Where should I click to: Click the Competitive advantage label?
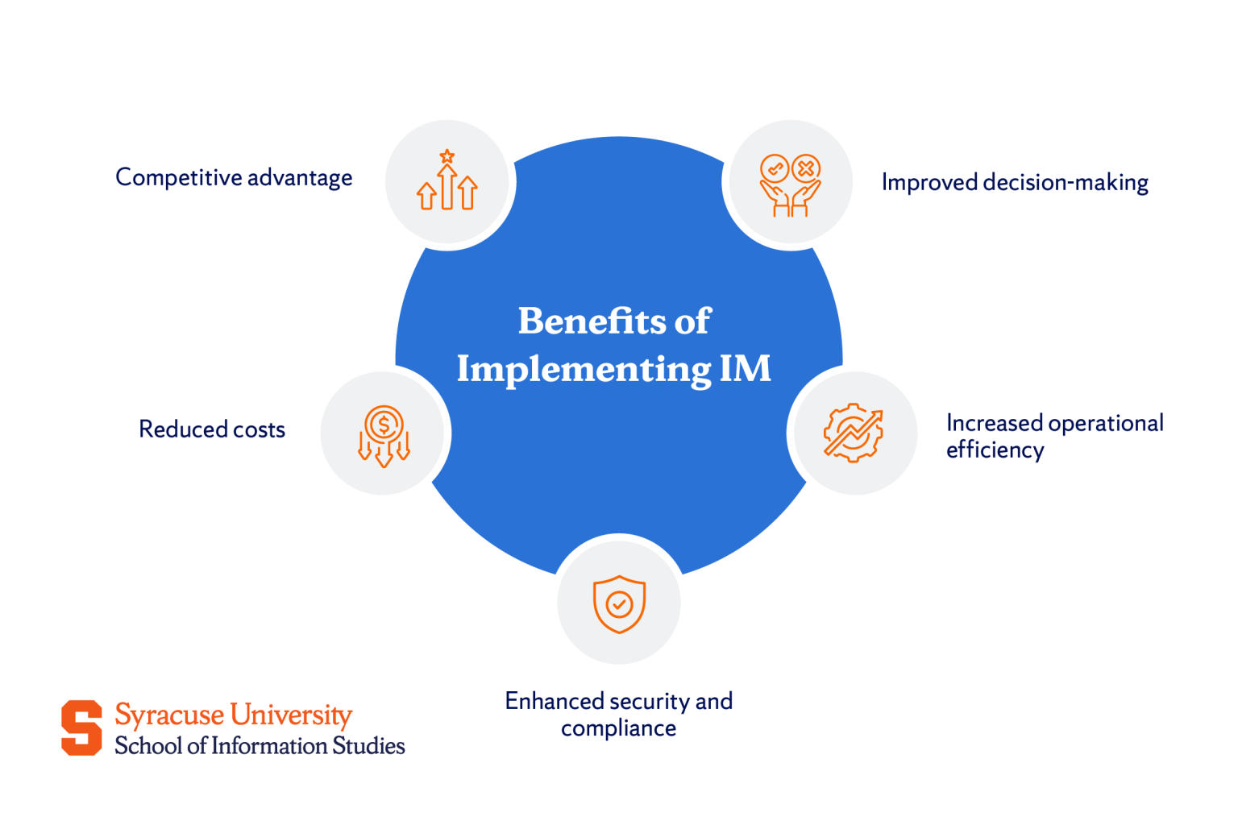(234, 177)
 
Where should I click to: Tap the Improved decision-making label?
(1014, 182)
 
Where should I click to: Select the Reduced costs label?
(212, 429)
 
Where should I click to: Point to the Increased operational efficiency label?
(1053, 436)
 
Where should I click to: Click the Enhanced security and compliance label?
(618, 714)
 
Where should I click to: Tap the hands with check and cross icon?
(790, 184)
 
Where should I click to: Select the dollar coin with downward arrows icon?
(384, 435)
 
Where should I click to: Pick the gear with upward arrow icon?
(854, 433)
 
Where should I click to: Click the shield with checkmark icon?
(619, 603)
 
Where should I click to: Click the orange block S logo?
(81, 728)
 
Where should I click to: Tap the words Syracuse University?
(233, 715)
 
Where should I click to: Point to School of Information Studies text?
(260, 746)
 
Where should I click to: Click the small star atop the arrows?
(447, 155)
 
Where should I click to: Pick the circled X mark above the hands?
(805, 168)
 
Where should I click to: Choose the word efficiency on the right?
(995, 450)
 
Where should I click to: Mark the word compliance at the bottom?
(618, 728)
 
